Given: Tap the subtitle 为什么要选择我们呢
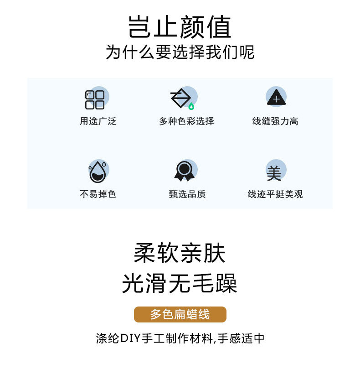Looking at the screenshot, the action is coord(180,52).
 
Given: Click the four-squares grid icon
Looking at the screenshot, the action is coord(95,99).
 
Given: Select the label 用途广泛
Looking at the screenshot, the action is coord(98,121).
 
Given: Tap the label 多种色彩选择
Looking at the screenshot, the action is coord(186,121).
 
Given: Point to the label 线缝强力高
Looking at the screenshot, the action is coord(275,121).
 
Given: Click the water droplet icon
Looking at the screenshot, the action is coord(98,172).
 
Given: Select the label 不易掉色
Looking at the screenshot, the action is coord(98,194).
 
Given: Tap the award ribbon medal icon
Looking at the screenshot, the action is coord(184,171).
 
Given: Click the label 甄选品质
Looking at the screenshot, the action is coord(187,194).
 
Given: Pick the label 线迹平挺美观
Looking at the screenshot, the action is coord(275,194).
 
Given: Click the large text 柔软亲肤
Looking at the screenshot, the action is coord(180,253).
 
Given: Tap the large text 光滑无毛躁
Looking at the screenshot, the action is coord(180,284).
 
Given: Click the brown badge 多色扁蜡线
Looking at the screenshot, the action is coord(180,314).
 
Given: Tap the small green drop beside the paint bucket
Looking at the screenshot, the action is coord(191,107).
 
